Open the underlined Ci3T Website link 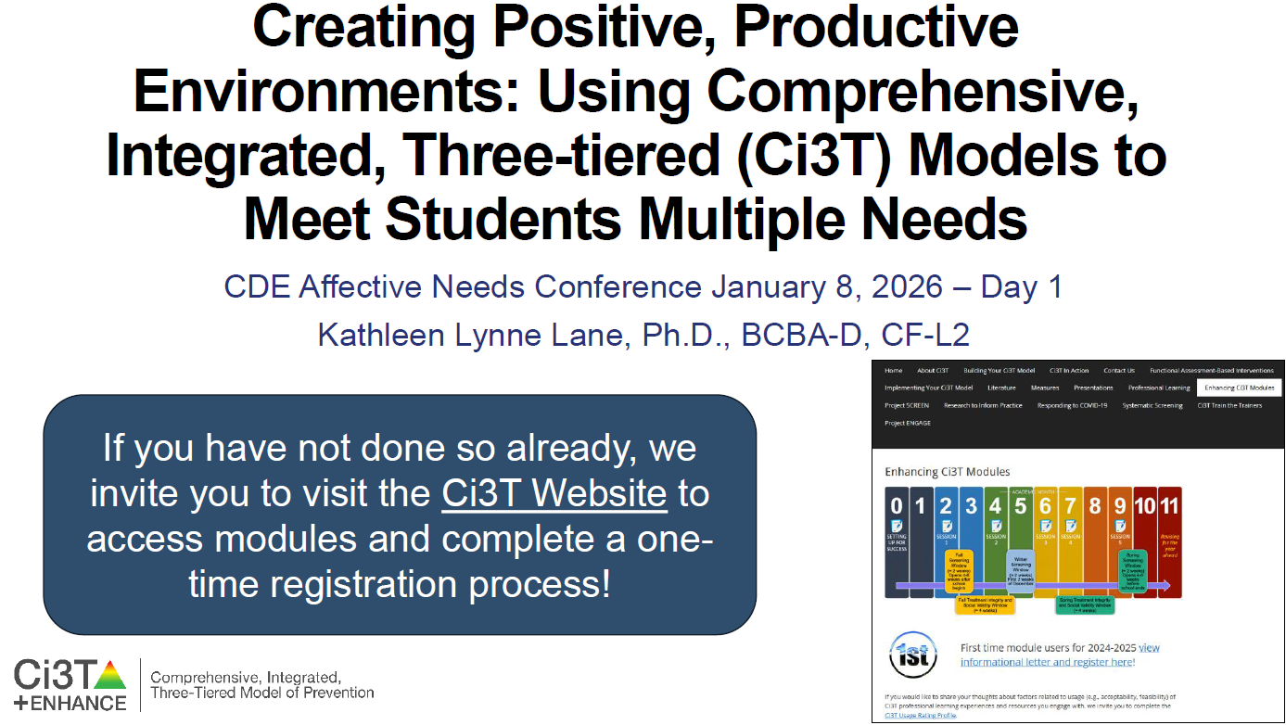[x=554, y=493]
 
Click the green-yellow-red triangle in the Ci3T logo [x=110, y=674]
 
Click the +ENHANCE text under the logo [x=70, y=703]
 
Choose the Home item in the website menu [x=894, y=371]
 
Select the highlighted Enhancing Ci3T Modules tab [x=1240, y=388]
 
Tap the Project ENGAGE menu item [x=908, y=423]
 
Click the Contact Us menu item [x=1119, y=371]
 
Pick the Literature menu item [x=1001, y=388]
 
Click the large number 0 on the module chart [x=896, y=506]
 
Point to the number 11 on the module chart [x=1169, y=506]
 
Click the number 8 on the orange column [x=1095, y=506]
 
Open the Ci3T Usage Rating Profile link [x=920, y=716]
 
